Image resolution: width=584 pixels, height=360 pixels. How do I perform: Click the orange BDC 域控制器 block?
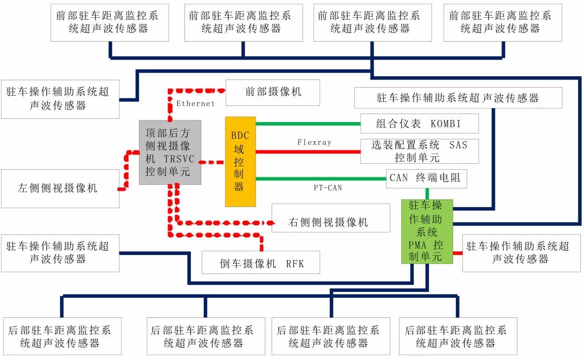point(240,161)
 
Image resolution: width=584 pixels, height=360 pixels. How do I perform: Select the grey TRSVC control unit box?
point(170,152)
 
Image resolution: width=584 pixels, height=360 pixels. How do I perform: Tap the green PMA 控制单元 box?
point(427,231)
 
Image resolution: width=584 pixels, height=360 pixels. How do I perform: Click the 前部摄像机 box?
point(273,92)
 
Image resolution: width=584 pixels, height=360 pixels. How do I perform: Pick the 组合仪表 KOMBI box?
point(419,123)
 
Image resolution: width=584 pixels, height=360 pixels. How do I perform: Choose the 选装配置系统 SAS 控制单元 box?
point(419,151)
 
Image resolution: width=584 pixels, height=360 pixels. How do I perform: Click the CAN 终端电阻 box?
point(426,178)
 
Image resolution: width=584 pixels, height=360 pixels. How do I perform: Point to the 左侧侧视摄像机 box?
point(59,188)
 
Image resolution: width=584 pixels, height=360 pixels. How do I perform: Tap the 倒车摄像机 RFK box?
point(261,263)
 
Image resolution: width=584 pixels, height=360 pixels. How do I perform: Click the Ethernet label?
point(195,103)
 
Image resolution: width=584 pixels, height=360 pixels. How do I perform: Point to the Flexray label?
point(314,142)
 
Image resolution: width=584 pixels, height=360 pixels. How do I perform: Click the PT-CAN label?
point(328,188)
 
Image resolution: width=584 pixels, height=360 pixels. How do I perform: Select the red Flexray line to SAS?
point(308,151)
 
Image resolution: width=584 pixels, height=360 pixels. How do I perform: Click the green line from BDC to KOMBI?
point(308,123)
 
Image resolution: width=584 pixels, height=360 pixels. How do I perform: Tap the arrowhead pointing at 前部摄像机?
point(221,89)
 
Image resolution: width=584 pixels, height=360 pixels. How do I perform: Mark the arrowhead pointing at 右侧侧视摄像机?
point(269,223)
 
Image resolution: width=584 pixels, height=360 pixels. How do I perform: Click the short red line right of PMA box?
point(457,252)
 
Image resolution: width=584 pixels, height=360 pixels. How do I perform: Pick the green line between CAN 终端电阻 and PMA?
point(427,194)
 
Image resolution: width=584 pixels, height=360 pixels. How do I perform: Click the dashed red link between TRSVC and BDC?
point(213,162)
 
